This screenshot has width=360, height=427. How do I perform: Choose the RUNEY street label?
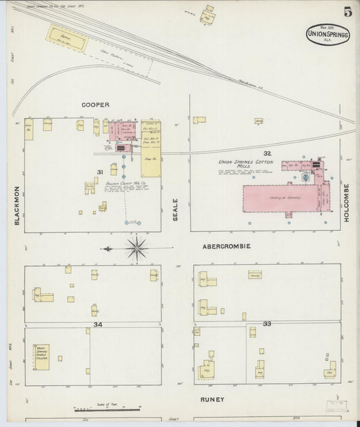[x=211, y=399]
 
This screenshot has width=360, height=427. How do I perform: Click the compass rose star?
[x=136, y=248]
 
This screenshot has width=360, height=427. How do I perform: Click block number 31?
[x=100, y=173]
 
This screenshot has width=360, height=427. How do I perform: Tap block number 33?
[x=267, y=324]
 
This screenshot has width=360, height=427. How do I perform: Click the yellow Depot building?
[x=66, y=41]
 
